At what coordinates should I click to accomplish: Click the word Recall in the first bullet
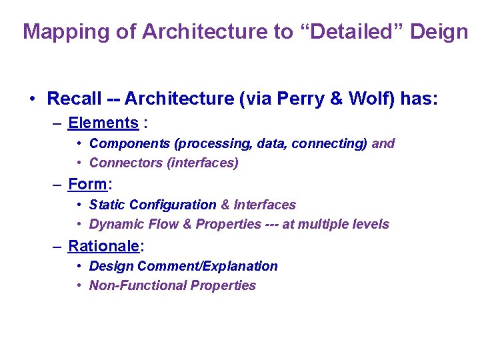73,99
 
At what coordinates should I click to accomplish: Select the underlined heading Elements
103,123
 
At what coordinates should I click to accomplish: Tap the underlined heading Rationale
104,245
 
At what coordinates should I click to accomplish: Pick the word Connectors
121,163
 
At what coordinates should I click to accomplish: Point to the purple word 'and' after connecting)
383,143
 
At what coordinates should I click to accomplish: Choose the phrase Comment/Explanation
214,266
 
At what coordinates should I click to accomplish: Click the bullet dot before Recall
32,100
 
